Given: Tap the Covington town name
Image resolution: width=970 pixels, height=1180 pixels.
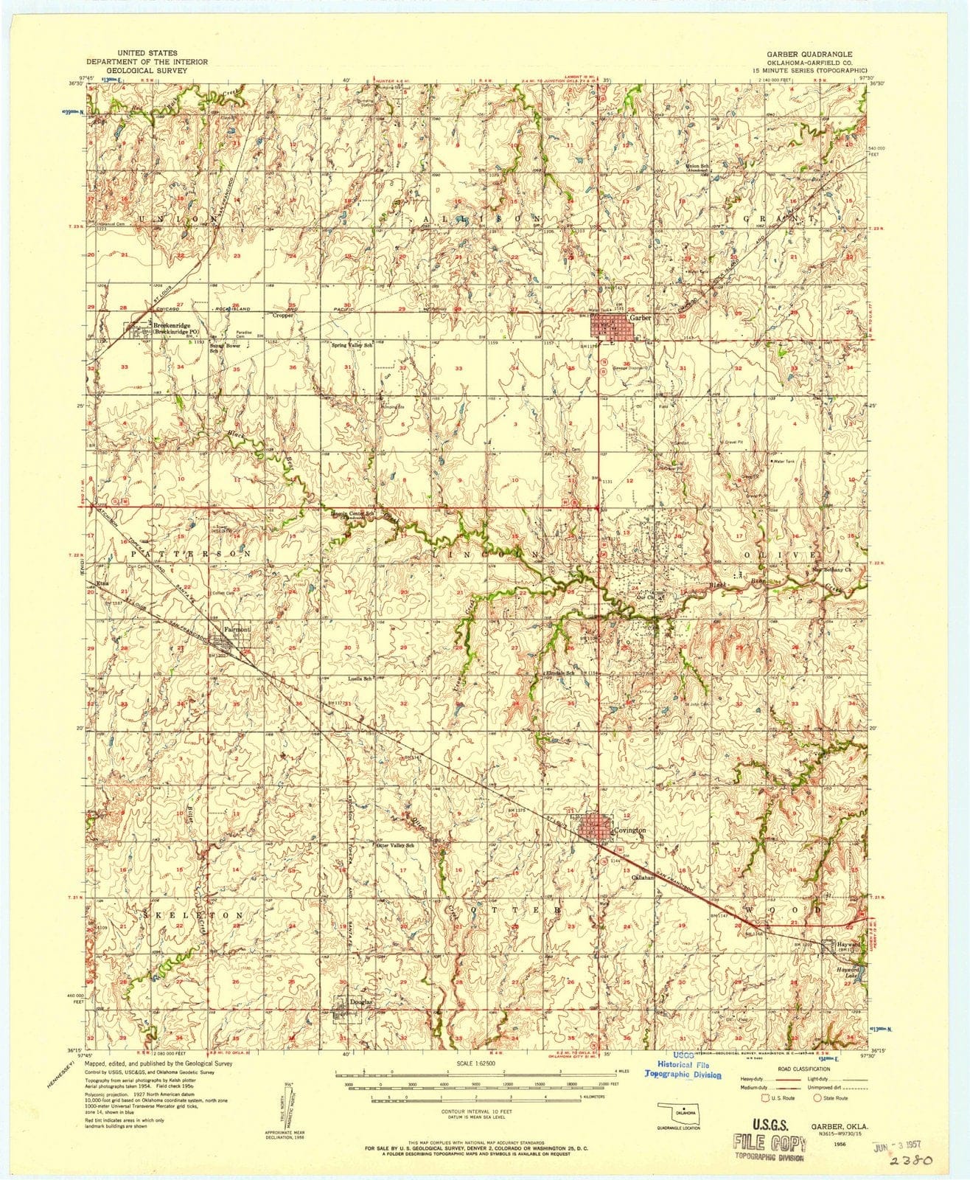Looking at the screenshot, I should [632, 830].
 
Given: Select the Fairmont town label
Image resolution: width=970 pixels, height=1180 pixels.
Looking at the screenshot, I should [238, 629].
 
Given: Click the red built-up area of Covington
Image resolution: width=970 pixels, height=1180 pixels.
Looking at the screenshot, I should [597, 827].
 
